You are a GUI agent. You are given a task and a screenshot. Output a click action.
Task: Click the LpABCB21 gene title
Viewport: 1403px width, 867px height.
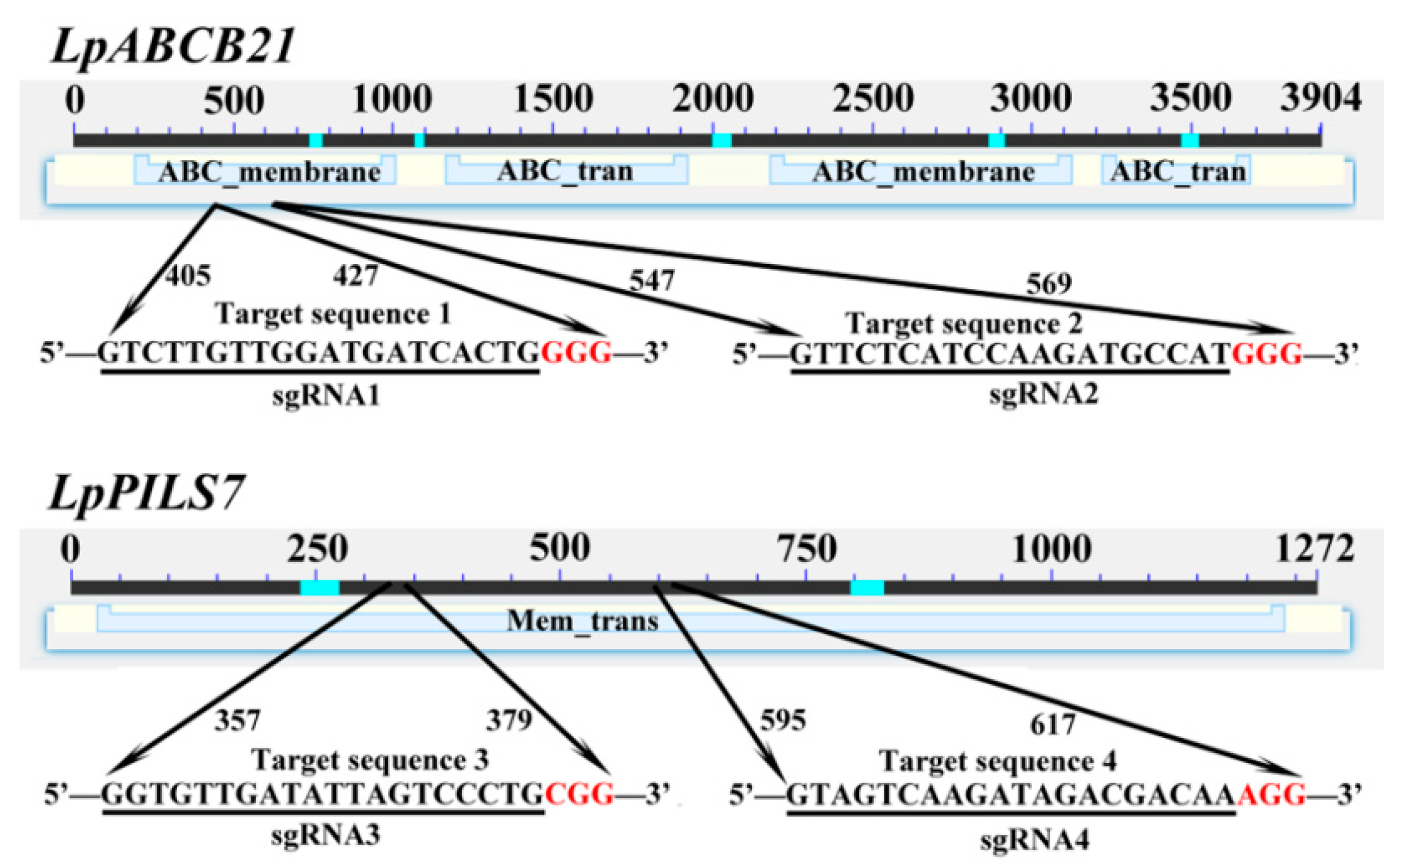tap(173, 47)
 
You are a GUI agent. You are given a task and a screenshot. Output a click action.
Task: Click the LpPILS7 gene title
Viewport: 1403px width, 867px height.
tap(146, 493)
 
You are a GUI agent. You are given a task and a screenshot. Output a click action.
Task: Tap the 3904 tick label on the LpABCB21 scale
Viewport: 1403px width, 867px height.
tap(1320, 99)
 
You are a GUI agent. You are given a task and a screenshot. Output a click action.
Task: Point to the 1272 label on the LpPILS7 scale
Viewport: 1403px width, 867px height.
tap(1315, 548)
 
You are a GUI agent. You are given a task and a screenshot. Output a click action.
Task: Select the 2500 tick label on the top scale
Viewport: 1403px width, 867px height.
tap(873, 99)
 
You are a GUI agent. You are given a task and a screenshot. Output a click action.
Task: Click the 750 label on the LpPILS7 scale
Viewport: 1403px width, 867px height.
tap(807, 548)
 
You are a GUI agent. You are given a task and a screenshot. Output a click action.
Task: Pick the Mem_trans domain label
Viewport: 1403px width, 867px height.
tap(582, 621)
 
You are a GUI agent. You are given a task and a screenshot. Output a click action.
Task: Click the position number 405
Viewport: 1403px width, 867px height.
tap(188, 275)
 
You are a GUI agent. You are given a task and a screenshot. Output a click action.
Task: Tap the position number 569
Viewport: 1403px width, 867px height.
tap(1049, 284)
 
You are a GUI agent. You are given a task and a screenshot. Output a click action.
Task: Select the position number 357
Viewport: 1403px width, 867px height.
tap(237, 720)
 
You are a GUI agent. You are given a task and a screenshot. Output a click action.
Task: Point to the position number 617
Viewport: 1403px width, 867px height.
tap(1053, 725)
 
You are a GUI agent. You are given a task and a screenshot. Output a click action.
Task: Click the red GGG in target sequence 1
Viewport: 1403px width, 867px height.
tap(576, 353)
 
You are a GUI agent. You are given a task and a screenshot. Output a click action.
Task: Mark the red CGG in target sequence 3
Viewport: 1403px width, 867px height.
tap(579, 794)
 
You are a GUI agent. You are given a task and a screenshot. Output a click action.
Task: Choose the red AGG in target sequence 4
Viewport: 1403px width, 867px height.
tap(1271, 795)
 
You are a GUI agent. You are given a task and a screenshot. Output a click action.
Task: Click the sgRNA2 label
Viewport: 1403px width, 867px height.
tap(1043, 394)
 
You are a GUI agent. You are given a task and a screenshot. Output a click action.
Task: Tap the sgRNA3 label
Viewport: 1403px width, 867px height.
tap(326, 835)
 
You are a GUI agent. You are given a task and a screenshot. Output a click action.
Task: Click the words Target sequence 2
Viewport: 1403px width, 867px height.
tap(964, 324)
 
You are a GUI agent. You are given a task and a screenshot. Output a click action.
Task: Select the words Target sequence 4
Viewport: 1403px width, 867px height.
tap(998, 761)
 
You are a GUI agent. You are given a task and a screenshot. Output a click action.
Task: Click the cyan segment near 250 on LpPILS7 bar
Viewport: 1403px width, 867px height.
tap(320, 588)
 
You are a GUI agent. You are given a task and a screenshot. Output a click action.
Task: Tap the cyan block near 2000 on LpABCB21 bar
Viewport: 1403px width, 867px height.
tap(722, 140)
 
